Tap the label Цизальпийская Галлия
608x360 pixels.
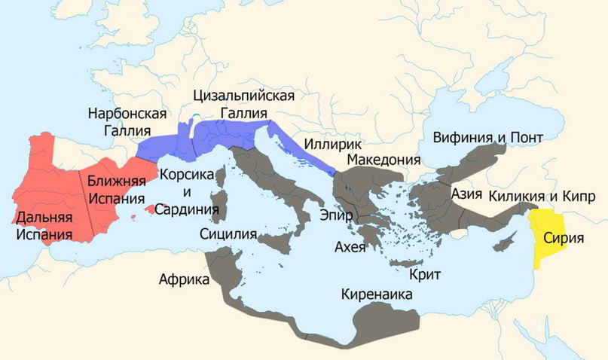click(243, 105)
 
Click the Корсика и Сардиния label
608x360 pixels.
click(186, 191)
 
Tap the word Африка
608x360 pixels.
click(184, 279)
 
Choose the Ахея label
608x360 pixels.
click(350, 248)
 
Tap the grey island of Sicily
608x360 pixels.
click(282, 244)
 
